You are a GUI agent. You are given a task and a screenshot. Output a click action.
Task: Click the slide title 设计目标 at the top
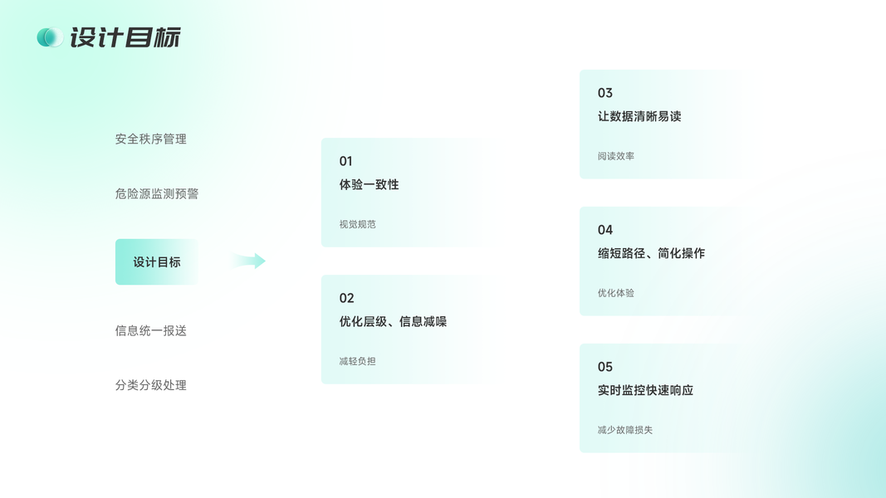[x=125, y=37]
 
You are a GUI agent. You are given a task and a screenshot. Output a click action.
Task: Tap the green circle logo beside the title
[x=49, y=37]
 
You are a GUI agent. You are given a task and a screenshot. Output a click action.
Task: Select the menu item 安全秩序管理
[x=150, y=139]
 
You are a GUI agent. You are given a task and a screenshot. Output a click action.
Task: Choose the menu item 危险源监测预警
[x=156, y=193]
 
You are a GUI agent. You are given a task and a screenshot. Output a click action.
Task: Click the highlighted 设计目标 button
[x=156, y=262]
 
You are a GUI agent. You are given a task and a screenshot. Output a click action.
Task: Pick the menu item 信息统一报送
[x=150, y=330]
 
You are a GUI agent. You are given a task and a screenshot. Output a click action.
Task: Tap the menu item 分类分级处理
[x=150, y=385]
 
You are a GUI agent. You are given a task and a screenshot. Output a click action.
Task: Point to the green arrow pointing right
[x=248, y=261]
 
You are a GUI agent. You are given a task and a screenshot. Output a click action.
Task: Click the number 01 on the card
[x=345, y=161]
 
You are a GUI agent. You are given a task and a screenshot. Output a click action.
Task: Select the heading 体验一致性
[x=369, y=184]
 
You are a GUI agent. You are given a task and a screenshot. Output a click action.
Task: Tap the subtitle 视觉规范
[x=357, y=224]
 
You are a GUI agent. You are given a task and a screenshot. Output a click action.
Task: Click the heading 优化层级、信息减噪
[x=393, y=321]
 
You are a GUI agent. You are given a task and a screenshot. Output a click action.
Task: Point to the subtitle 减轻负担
[x=357, y=361]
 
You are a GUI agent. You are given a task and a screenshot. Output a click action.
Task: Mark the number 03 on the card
[x=605, y=93]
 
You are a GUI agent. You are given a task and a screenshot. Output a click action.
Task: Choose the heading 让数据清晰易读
[x=639, y=116]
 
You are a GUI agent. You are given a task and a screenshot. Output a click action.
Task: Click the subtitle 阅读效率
[x=615, y=156]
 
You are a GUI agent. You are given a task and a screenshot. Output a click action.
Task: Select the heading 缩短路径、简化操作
[x=651, y=253]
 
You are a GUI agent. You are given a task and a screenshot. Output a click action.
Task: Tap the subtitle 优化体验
[x=615, y=293]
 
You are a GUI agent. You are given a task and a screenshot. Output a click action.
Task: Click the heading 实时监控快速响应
[x=645, y=390]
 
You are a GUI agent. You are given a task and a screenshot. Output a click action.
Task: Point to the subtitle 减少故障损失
[x=624, y=430]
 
